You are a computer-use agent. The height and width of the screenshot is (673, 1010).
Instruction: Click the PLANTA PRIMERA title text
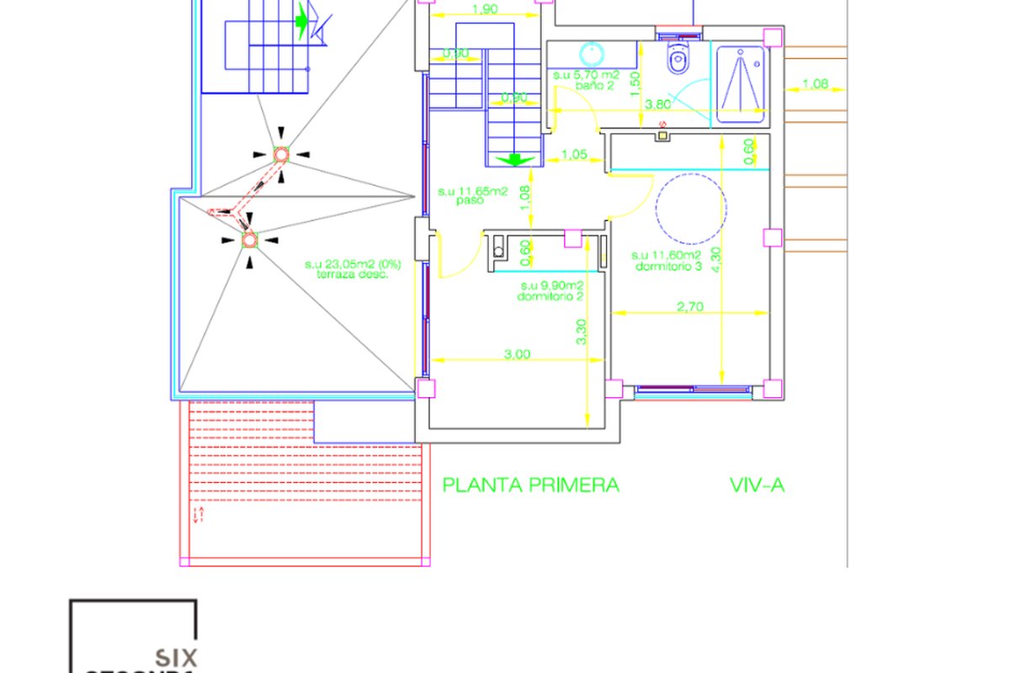point(531,485)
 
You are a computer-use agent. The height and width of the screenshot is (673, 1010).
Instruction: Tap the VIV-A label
point(757,485)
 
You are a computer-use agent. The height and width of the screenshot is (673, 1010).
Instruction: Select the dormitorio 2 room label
point(551,291)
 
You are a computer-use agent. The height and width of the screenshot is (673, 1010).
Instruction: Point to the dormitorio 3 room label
point(667,261)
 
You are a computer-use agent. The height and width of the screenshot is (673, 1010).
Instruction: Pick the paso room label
point(471,197)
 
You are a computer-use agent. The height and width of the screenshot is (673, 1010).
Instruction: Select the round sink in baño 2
point(594,53)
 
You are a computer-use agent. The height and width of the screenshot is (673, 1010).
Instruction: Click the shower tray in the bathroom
point(742,80)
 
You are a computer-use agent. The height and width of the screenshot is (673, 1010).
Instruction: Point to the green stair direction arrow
point(511,158)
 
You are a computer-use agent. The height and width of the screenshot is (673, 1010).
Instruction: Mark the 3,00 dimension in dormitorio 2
point(517,354)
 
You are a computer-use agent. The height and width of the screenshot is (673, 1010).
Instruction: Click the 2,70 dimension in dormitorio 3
point(689,306)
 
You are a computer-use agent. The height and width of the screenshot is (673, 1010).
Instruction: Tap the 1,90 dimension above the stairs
point(483,10)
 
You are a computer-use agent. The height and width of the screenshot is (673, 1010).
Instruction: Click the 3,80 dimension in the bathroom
point(657,105)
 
